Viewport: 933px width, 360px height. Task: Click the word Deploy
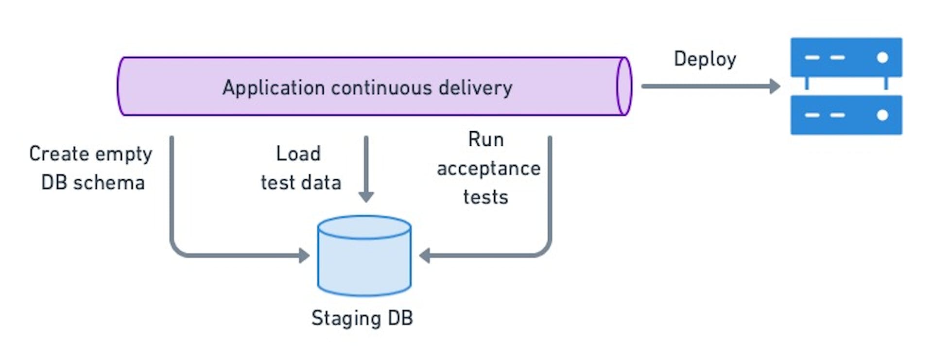[x=705, y=59]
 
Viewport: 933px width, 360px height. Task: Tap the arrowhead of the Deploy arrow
[x=775, y=86]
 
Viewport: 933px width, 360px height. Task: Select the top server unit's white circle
[x=882, y=57]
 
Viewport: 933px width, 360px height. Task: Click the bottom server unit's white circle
[x=882, y=115]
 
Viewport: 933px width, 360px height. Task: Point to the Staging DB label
[x=362, y=318]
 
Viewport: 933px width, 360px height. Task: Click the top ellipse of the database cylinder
[x=364, y=227]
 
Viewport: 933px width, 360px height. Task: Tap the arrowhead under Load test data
[x=366, y=197]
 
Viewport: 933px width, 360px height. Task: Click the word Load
[x=298, y=154]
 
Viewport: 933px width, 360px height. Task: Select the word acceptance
[x=488, y=169]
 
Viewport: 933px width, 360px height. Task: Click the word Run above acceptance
[x=486, y=139]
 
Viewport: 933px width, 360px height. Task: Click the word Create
[x=59, y=154]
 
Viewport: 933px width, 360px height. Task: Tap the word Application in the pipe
[x=274, y=88]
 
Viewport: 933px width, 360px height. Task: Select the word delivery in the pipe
[x=475, y=88]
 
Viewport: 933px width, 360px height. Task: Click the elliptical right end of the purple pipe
[x=624, y=86]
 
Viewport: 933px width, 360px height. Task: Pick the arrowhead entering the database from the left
[x=304, y=255]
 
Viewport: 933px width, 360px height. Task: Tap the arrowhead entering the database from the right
[x=424, y=255]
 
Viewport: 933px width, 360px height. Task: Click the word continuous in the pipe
[x=381, y=88]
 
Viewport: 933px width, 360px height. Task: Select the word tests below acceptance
[x=485, y=197]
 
